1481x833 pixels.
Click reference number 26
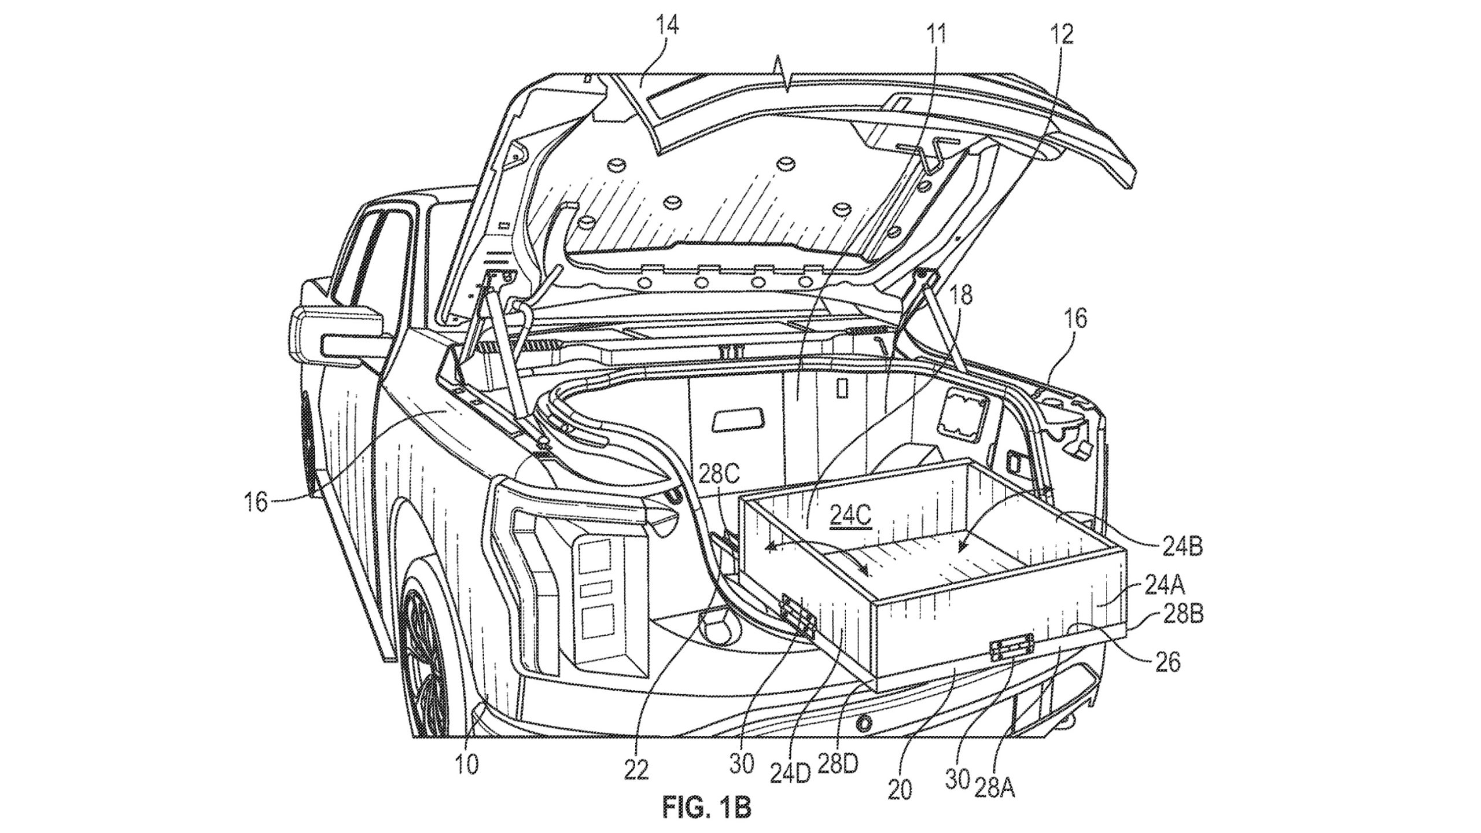pos(1167,663)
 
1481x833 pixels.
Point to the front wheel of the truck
pos(428,677)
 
